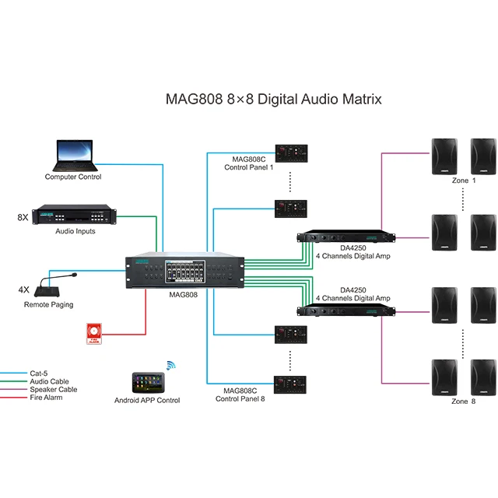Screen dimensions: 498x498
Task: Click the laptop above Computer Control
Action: (75, 156)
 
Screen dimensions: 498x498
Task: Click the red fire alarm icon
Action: (93, 335)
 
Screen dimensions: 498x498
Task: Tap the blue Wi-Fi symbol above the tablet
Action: (171, 365)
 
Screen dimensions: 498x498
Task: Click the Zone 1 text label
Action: (461, 181)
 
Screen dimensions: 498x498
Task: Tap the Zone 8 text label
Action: (461, 402)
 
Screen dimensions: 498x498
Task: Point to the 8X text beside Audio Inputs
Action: (23, 217)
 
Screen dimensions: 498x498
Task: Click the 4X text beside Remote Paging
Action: (24, 289)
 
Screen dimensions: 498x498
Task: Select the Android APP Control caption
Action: (147, 401)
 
